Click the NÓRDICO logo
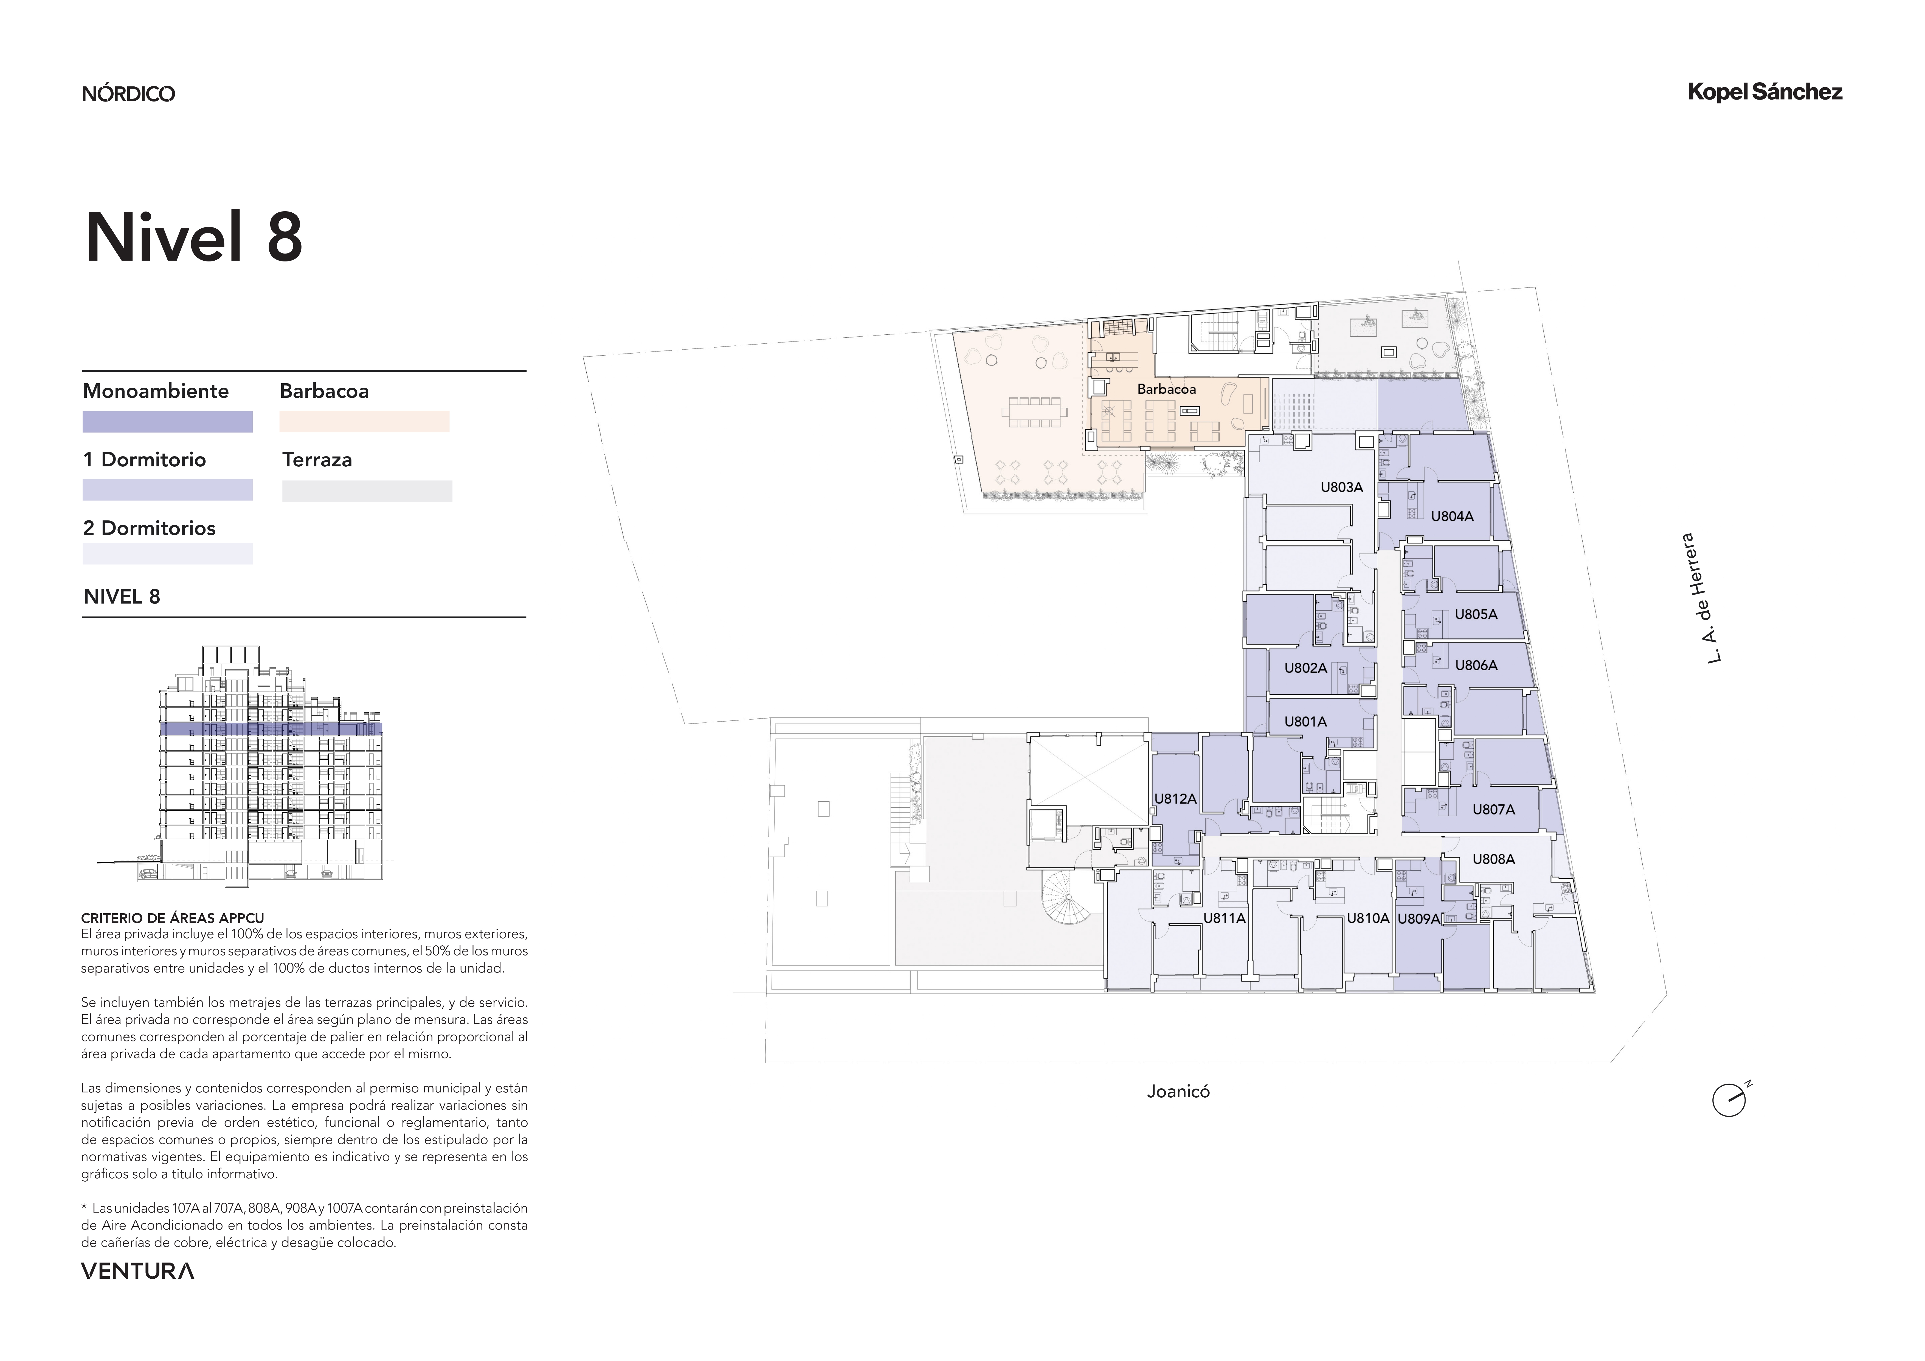click(x=128, y=93)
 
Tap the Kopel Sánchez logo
click(x=1765, y=92)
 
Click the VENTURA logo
click(x=137, y=1271)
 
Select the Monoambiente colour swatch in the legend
click(x=168, y=422)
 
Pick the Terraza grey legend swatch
click(x=367, y=491)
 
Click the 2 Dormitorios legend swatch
click(x=168, y=553)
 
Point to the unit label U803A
click(x=1341, y=487)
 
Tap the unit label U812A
click(x=1175, y=799)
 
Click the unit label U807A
click(x=1494, y=810)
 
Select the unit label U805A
click(x=1476, y=615)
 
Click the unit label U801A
click(x=1305, y=722)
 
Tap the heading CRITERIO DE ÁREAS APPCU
click(x=173, y=918)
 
